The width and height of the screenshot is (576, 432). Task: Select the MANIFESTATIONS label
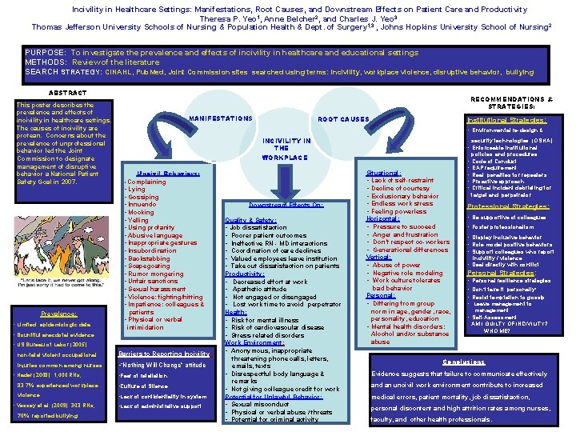click(221, 118)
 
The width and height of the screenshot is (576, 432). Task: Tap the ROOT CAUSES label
click(344, 118)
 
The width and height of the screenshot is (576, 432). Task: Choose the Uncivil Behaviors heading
click(162, 173)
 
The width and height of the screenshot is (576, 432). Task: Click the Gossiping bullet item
click(143, 197)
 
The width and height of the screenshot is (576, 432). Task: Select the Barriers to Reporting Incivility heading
click(163, 354)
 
